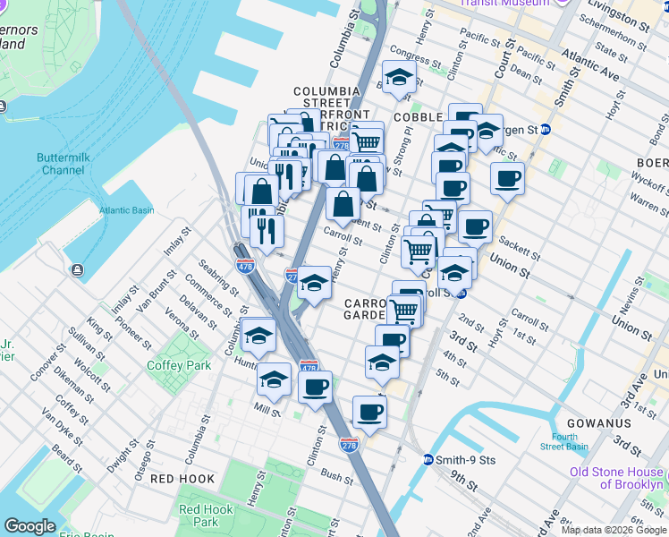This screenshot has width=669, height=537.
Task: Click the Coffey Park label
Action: (x=179, y=365)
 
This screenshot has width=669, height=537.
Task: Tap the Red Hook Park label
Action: (x=206, y=516)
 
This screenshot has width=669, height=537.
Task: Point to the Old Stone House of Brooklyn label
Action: (x=617, y=478)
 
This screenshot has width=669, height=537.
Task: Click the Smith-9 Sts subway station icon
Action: (x=429, y=460)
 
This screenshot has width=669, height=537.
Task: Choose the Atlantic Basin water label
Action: (x=126, y=210)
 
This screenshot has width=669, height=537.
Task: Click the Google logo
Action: (x=30, y=526)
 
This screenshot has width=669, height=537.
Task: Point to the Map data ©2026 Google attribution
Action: (x=614, y=530)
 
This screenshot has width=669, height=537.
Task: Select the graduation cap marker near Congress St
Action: (x=399, y=75)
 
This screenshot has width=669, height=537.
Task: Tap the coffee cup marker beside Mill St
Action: (x=314, y=388)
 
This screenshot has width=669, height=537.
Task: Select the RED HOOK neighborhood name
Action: (x=182, y=479)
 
